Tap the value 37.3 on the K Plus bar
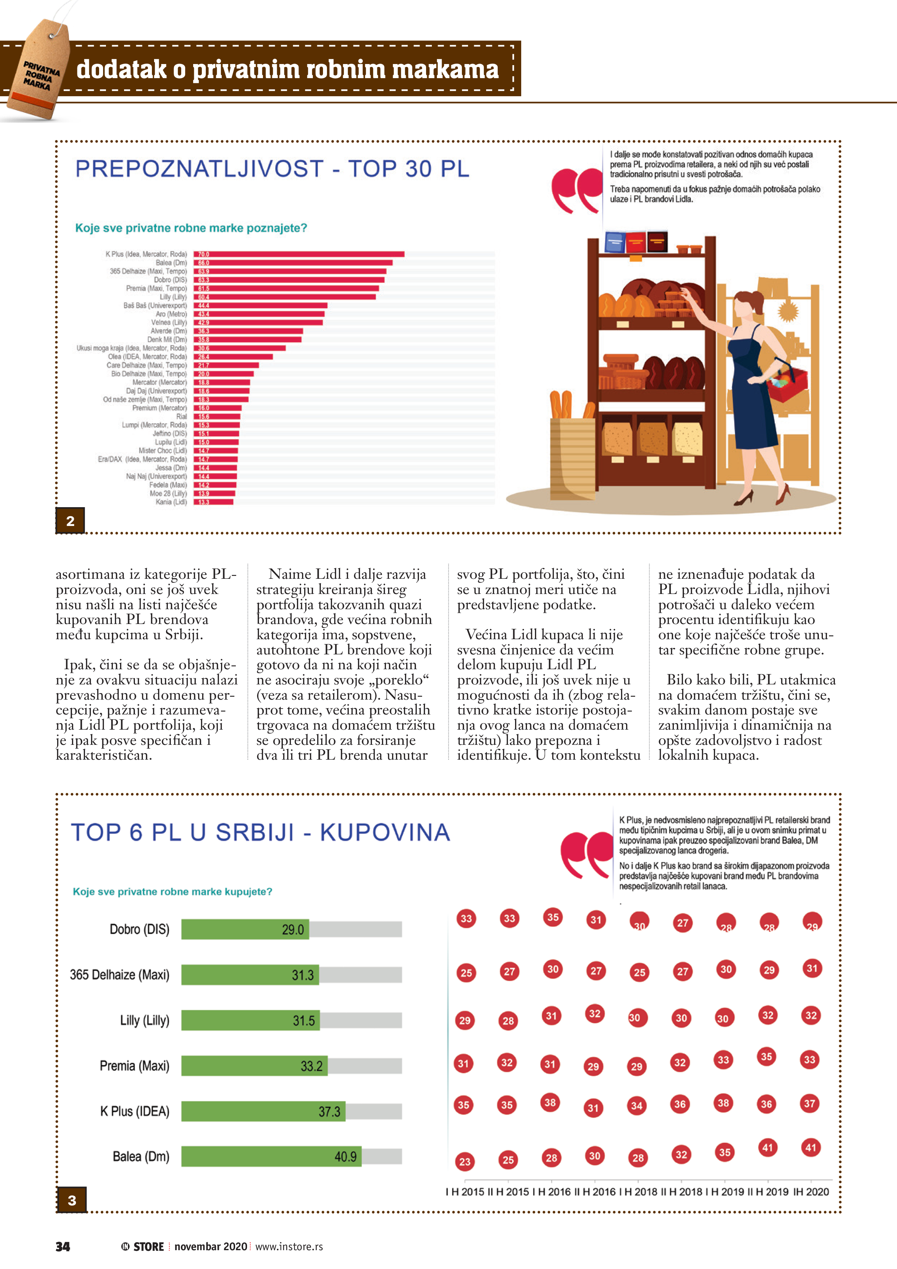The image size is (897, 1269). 330,1112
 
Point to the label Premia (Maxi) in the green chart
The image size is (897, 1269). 134,1066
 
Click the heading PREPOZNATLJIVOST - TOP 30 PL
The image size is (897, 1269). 272,169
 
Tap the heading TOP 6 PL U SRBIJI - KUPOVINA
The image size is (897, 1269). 260,832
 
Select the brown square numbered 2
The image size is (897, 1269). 70,521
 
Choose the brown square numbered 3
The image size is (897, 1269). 72,1200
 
